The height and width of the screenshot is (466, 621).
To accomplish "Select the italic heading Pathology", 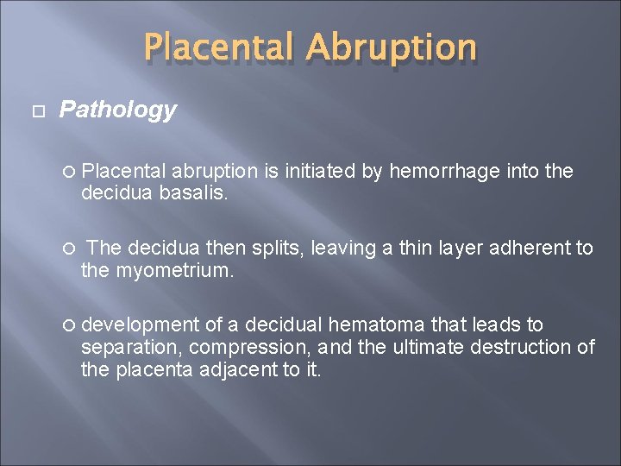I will tap(117, 110).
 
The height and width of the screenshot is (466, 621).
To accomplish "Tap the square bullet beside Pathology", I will tap(35, 110).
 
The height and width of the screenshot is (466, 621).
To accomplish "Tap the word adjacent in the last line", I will tap(241, 369).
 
